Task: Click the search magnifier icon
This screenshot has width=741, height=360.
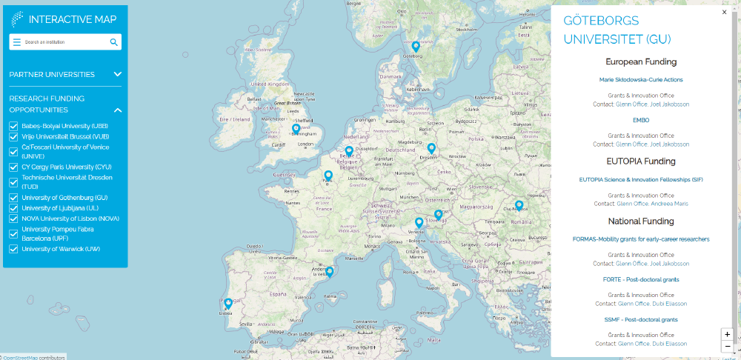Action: point(114,42)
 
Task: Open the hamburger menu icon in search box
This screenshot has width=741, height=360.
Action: point(17,42)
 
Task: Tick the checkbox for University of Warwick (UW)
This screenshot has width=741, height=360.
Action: point(13,249)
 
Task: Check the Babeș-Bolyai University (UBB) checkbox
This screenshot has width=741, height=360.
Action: point(13,126)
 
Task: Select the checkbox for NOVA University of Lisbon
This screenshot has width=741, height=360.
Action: point(13,219)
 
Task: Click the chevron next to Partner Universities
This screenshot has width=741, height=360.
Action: point(118,74)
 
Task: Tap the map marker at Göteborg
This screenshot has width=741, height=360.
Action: point(416,47)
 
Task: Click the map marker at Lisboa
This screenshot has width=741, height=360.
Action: point(228,303)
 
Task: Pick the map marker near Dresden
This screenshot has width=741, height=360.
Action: point(431,148)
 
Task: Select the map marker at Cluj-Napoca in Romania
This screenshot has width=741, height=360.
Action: point(519,205)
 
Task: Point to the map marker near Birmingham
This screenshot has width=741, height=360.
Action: point(296,129)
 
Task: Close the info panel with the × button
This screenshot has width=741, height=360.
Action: point(724,12)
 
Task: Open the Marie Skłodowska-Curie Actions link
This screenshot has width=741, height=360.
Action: point(641,79)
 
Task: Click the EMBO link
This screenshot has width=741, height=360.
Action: point(641,119)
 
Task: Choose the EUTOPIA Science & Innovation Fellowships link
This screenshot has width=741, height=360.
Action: point(641,179)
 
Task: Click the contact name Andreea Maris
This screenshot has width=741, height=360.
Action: point(670,204)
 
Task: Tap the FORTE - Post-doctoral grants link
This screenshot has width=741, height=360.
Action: point(641,279)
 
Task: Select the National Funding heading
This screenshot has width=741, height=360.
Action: point(641,221)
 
